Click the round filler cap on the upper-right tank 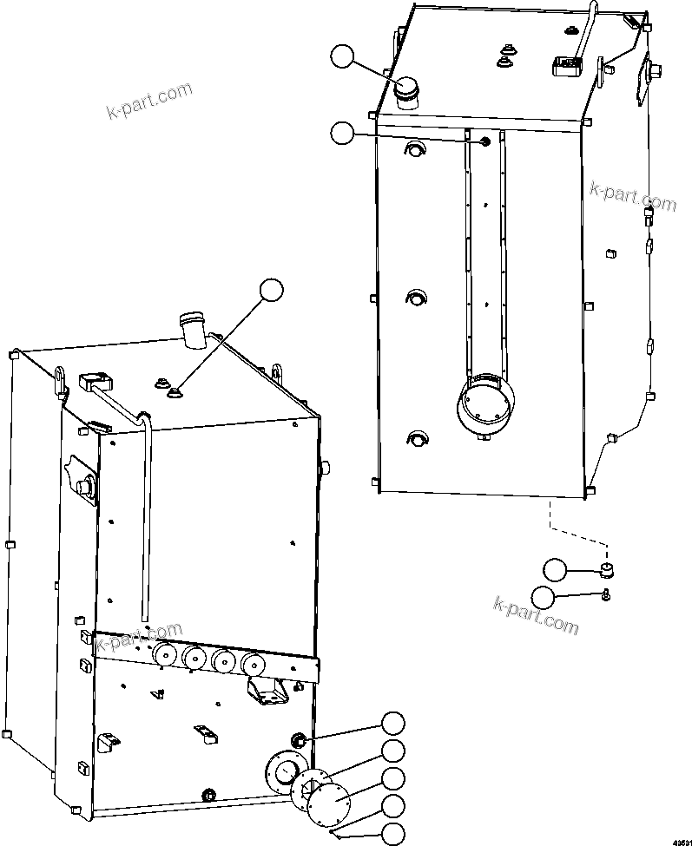pyautogui.click(x=405, y=91)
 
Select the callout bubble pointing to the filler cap pyautogui.click(x=342, y=57)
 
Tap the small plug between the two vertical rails pyautogui.click(x=484, y=141)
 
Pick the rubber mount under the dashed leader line pyautogui.click(x=608, y=570)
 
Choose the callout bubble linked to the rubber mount pyautogui.click(x=554, y=570)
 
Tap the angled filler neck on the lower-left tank pyautogui.click(x=192, y=329)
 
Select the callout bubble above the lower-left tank pyautogui.click(x=272, y=290)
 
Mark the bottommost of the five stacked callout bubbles pyautogui.click(x=393, y=835)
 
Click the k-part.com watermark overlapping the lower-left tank pyautogui.click(x=139, y=639)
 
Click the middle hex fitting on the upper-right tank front pyautogui.click(x=414, y=298)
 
